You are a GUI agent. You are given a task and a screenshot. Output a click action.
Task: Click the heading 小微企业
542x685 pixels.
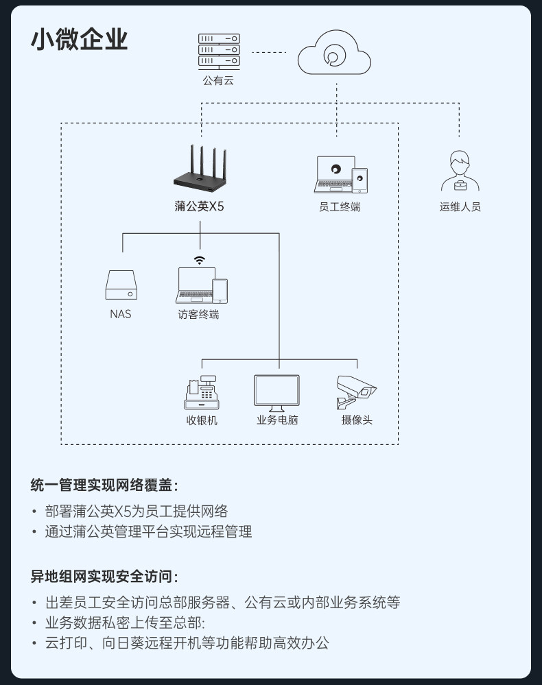79,40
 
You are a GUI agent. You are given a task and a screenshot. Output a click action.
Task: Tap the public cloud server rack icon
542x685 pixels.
219,51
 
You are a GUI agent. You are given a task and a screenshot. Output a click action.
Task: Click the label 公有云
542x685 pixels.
218,81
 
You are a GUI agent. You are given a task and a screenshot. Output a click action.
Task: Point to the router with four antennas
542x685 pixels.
199,171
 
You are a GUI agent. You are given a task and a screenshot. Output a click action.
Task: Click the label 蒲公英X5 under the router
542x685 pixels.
199,206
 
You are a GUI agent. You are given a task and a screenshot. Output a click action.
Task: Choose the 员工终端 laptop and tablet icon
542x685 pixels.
340,175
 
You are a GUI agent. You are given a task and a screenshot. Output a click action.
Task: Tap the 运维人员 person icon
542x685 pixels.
460,171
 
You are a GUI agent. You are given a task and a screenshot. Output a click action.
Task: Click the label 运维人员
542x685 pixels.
460,206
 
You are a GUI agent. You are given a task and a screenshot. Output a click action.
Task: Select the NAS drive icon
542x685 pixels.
121,285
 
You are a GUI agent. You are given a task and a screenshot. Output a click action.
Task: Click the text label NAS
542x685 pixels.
120,315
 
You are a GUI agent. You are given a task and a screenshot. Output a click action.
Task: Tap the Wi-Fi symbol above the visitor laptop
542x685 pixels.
199,260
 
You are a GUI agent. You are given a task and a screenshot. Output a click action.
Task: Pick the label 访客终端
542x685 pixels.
199,315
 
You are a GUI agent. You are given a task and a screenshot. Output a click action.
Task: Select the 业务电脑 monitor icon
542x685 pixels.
276,393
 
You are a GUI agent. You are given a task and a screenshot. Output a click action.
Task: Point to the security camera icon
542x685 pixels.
357,392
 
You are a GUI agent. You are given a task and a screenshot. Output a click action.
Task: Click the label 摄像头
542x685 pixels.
357,420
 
